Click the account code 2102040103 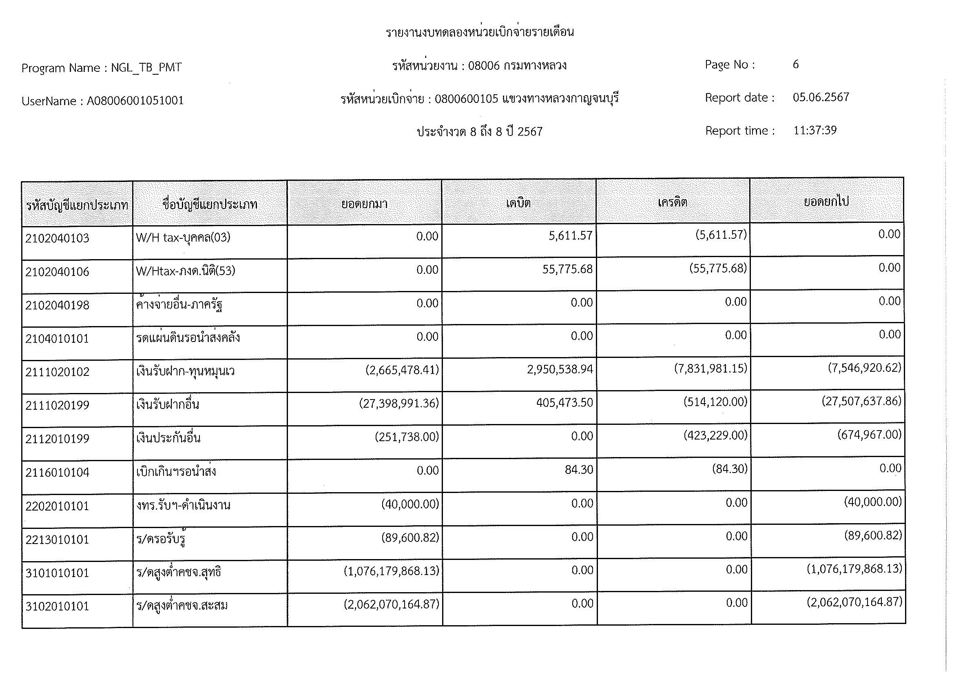tap(58, 238)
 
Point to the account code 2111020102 tap(58, 372)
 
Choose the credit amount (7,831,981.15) tap(711, 368)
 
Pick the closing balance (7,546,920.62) tap(864, 367)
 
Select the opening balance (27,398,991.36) tap(399, 403)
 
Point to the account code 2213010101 tap(58, 540)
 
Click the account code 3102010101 tap(58, 606)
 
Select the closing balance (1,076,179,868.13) tap(854, 568)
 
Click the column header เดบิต tap(518, 203)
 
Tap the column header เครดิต tap(672, 202)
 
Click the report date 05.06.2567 tap(821, 97)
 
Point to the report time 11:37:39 tap(815, 131)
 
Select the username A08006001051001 tap(135, 100)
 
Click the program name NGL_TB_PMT tap(146, 67)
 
